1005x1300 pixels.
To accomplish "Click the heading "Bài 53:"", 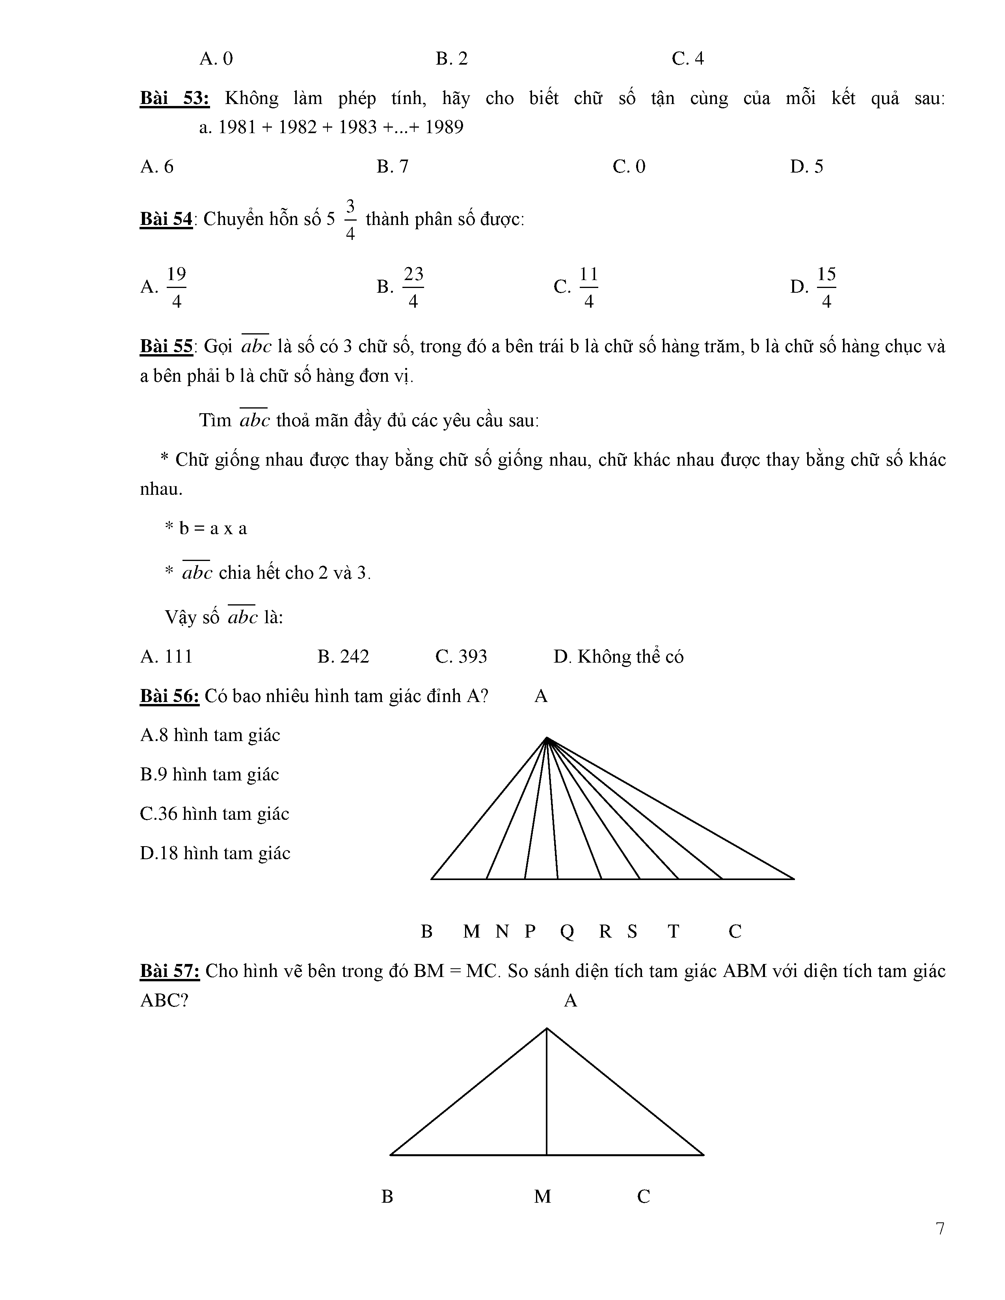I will pos(175,98).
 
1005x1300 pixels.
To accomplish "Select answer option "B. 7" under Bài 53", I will pos(393,167).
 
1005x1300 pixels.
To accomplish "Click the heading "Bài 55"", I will pos(166,346).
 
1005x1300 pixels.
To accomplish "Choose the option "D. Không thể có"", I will pos(618,657).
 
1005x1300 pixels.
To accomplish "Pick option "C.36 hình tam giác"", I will pos(214,814).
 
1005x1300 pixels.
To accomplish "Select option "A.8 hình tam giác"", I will pos(210,735).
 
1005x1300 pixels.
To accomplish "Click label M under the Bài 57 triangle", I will pos(542,1196).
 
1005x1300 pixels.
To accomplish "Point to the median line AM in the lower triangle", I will pos(547,1101).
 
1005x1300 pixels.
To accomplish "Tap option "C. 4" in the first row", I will pos(688,58).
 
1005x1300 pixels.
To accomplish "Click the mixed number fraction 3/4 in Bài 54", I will pos(350,220).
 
